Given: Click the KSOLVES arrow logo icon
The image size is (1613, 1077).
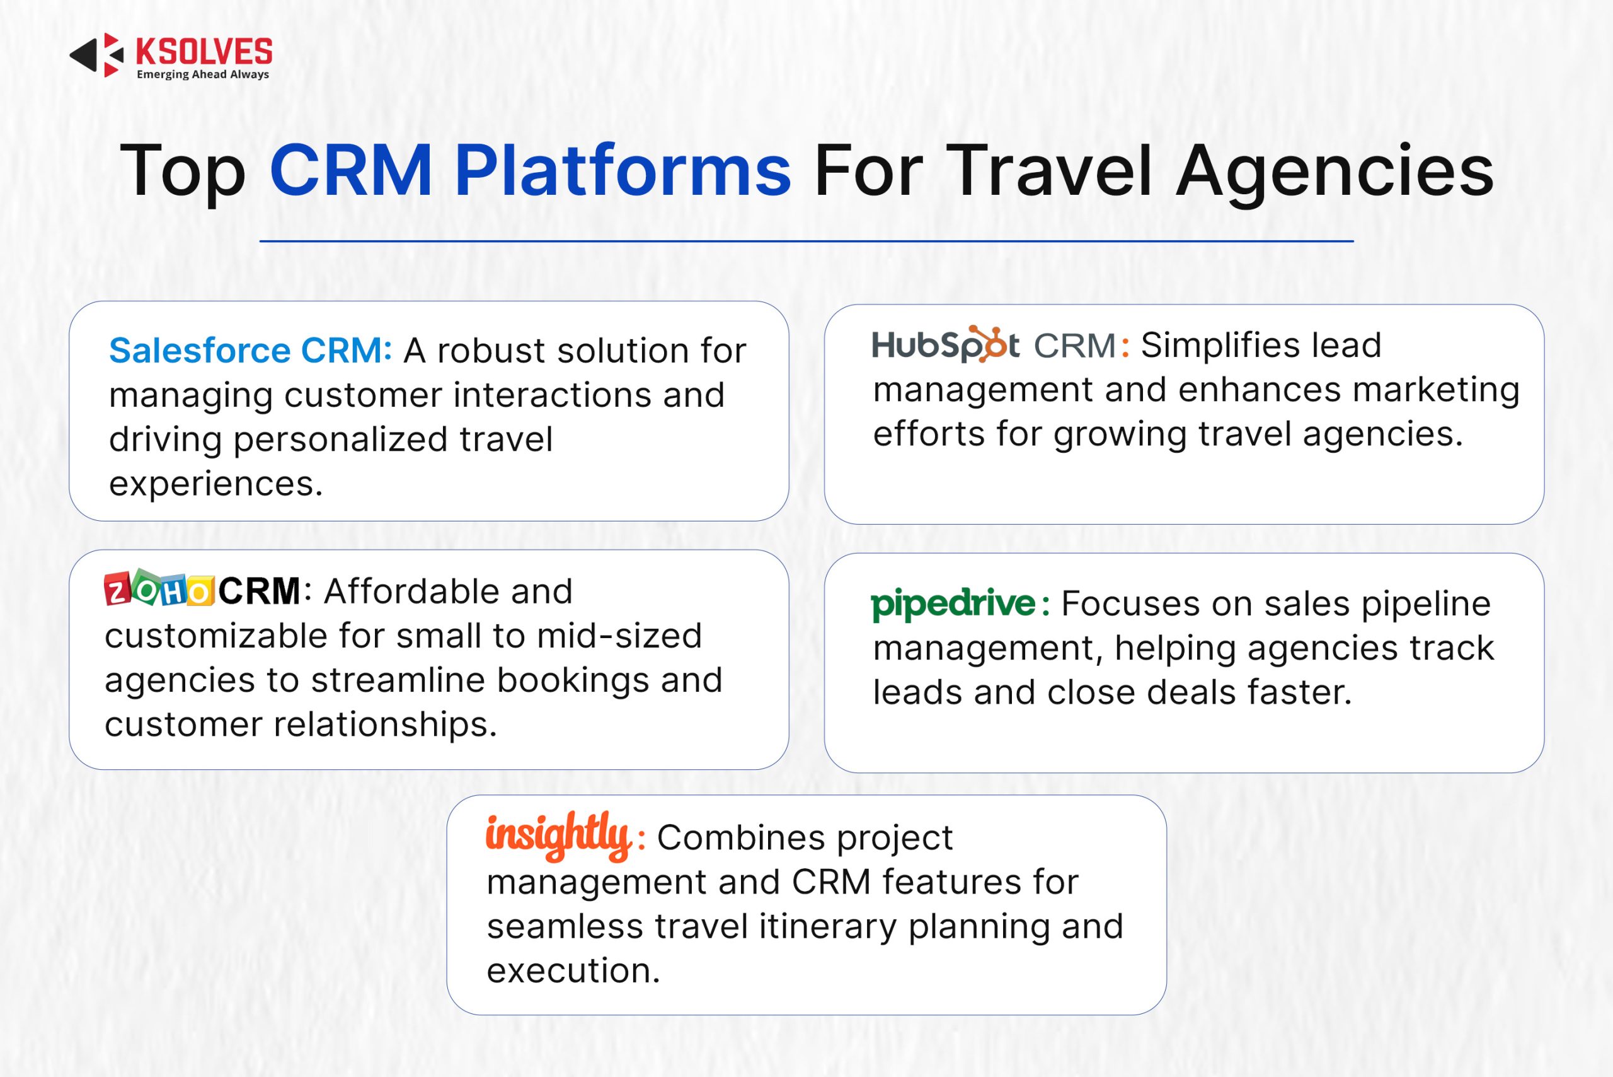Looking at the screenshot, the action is [97, 55].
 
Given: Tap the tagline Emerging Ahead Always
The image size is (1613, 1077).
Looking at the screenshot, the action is [202, 74].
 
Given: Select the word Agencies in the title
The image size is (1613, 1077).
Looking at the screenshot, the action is [1335, 172].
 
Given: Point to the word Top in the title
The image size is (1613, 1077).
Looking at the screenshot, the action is [183, 172].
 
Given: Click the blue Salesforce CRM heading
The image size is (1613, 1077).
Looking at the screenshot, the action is [251, 351].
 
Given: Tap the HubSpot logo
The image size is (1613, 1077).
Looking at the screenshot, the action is [945, 344].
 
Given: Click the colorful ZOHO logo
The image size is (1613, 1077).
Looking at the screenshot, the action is [159, 589].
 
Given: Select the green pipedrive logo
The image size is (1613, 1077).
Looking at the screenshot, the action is [953, 605].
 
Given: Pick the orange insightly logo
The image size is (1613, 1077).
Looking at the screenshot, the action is [559, 835].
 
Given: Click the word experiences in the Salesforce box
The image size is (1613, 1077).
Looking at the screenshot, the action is [215, 484].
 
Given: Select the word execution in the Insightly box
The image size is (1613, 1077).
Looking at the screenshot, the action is [573, 971].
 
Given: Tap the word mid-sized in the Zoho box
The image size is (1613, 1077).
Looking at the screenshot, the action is [619, 636].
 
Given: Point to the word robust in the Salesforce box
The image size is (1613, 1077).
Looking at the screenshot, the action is [491, 351].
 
